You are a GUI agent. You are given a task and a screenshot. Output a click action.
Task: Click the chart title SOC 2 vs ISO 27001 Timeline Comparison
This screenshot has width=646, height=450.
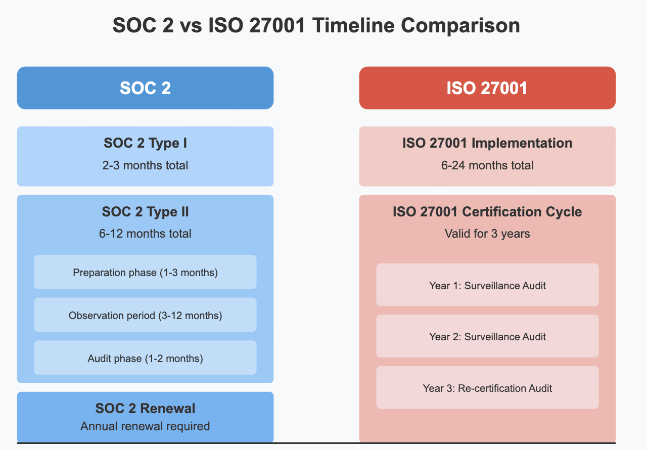coord(316,25)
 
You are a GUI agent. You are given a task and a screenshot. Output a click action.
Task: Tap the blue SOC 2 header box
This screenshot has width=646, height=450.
coord(145,88)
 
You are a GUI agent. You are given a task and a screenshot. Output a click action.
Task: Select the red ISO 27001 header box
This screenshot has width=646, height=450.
coord(487,88)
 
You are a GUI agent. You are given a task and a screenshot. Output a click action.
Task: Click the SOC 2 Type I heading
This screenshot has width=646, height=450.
coord(145,143)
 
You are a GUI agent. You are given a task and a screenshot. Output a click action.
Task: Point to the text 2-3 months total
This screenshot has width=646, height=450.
coord(145,165)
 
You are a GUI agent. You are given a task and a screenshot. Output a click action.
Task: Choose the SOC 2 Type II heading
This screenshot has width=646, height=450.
coord(145,212)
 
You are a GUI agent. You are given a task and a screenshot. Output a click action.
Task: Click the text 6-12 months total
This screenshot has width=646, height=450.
coord(145,234)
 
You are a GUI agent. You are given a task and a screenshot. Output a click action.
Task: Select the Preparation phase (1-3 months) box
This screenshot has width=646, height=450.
coord(145,273)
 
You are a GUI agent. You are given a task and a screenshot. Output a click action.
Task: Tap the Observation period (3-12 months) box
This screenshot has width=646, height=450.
coord(145,316)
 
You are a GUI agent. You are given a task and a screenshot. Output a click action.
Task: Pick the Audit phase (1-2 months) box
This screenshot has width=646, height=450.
coord(145,358)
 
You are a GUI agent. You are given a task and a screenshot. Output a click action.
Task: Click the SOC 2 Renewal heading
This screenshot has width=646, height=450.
coord(145,409)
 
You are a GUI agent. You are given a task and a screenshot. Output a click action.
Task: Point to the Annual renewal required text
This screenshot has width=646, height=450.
coord(145,426)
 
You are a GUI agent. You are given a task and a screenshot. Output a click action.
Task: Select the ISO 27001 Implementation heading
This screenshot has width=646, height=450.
coord(487,143)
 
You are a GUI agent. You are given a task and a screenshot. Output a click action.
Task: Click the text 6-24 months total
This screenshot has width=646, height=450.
coord(487,165)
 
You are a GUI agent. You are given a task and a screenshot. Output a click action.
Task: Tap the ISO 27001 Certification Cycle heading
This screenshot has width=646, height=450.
coord(487,212)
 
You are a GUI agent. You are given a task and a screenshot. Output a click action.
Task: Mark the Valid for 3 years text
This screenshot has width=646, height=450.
coord(487,234)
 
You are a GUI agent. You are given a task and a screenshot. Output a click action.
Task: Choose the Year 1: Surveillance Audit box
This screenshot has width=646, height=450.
coord(487,286)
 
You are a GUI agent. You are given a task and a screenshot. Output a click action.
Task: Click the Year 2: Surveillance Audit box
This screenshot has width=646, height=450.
coord(487,337)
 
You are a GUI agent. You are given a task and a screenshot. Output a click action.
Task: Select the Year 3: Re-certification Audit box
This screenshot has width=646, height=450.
coord(487,388)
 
